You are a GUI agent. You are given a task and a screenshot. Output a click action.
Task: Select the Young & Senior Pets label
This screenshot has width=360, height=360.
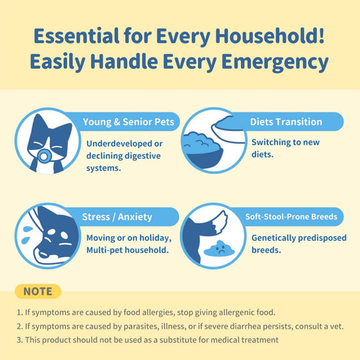[x=128, y=122]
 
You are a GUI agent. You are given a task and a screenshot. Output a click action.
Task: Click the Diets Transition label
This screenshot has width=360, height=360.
[x=286, y=122]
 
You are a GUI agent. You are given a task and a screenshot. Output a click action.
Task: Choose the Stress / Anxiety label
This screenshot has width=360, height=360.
[x=117, y=217]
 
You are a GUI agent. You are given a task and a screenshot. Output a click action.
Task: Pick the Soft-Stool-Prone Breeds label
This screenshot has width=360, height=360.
[x=291, y=217]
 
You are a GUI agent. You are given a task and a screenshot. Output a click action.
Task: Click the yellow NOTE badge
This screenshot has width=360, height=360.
[x=37, y=292]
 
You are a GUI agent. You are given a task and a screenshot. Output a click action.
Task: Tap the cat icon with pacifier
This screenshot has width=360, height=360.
[x=46, y=142]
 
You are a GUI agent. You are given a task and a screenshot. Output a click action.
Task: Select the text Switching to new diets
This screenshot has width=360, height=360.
[x=285, y=148]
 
